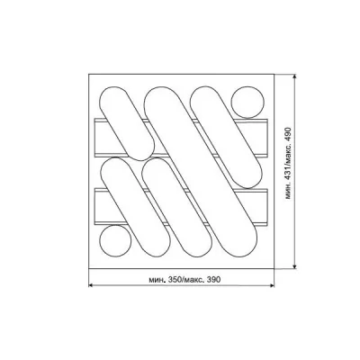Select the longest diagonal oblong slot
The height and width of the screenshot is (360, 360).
201,172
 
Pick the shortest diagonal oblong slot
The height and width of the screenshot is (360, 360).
127,123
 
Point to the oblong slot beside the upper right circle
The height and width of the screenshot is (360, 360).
226,138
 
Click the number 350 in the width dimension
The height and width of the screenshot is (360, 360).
175,280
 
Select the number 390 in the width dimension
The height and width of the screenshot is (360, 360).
214,280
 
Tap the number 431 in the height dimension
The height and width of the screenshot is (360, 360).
288,176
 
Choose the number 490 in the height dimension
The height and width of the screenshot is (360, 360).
288,133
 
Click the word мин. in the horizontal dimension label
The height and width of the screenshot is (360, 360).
157,280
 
